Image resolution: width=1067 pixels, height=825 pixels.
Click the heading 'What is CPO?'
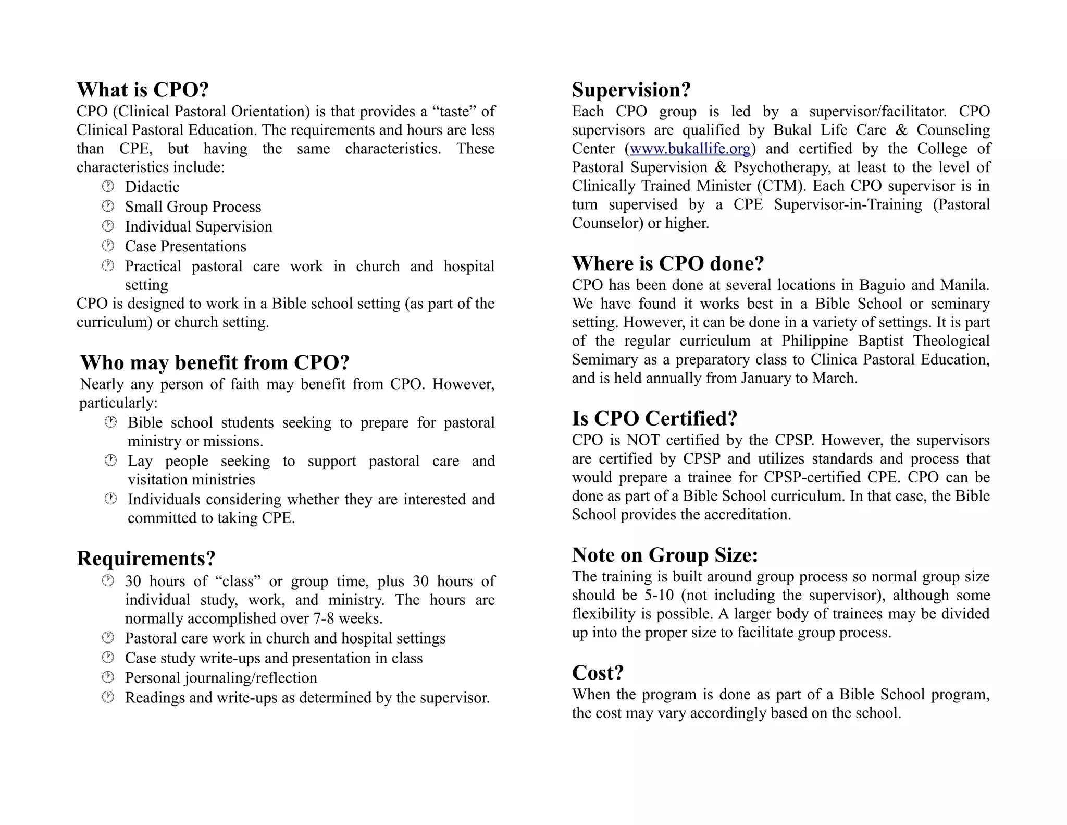143,90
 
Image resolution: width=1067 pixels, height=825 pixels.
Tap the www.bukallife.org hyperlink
690,149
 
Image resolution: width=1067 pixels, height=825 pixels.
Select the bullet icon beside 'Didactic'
108,186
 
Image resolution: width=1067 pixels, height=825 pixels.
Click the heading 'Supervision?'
631,90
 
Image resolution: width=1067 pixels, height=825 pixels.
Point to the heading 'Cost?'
598,673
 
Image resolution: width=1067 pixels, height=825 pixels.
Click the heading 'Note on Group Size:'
665,555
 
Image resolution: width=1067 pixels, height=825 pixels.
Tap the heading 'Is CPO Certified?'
654,418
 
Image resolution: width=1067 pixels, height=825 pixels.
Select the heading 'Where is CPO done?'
667,263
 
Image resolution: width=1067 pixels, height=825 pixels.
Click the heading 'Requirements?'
146,559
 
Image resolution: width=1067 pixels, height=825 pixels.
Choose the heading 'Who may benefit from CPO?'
215,362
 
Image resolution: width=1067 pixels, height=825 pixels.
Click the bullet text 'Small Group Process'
193,207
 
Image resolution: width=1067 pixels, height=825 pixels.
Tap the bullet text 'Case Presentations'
185,246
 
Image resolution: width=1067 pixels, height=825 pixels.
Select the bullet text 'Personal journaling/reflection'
221,677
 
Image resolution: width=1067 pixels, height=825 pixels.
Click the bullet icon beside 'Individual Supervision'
108,226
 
